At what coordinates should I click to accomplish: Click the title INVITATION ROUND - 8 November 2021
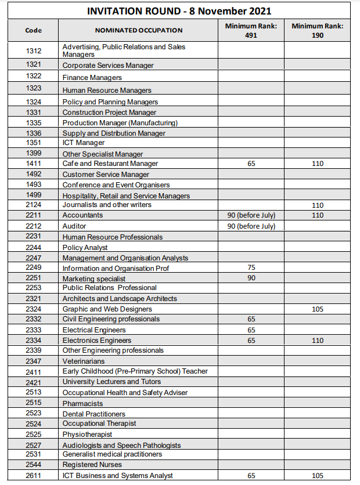(x=179, y=11)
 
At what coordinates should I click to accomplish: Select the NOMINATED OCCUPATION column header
(x=139, y=30)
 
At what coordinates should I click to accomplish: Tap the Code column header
(x=34, y=30)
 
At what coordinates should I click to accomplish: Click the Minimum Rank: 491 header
(x=251, y=30)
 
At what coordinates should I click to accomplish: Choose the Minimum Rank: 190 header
(x=317, y=30)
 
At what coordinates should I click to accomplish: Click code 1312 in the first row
(x=34, y=50)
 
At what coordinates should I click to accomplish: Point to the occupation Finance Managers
(x=92, y=78)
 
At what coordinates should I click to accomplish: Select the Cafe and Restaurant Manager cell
(x=110, y=164)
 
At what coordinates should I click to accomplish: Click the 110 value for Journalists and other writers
(x=317, y=205)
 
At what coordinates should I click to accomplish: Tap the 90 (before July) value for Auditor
(x=251, y=226)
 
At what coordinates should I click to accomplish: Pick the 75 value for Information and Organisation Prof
(x=251, y=268)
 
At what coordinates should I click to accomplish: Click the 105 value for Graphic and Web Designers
(x=317, y=309)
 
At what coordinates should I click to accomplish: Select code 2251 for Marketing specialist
(x=34, y=278)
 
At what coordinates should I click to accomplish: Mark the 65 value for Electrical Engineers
(x=251, y=330)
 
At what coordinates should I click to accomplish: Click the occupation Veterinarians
(x=84, y=361)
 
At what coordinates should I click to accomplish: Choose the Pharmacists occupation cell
(x=83, y=404)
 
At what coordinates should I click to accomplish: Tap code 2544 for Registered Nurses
(x=34, y=465)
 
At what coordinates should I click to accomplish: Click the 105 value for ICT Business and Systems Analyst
(x=317, y=476)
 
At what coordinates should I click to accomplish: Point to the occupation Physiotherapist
(x=88, y=435)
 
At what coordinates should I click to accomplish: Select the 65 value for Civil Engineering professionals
(x=251, y=319)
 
